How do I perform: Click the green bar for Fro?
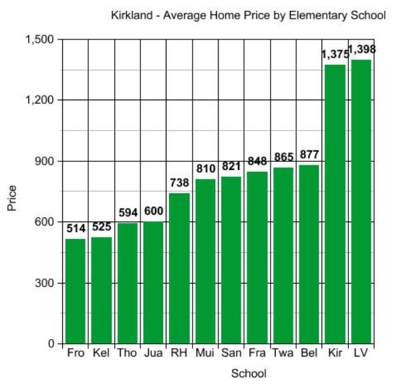point(76,291)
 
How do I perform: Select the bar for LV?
point(361,201)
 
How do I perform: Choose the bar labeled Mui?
point(205,261)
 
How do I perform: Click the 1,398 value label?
point(362,50)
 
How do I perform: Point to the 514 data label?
point(76,228)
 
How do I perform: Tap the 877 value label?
point(309,155)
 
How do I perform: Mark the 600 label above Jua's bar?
point(153,211)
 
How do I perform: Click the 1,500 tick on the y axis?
point(39,39)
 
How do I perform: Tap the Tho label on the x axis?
point(127,353)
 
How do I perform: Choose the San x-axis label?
point(231,353)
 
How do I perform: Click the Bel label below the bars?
point(309,353)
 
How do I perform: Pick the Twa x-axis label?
point(283,353)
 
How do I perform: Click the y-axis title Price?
point(11,198)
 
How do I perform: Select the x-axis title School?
point(249,373)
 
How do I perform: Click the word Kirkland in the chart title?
point(132,14)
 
